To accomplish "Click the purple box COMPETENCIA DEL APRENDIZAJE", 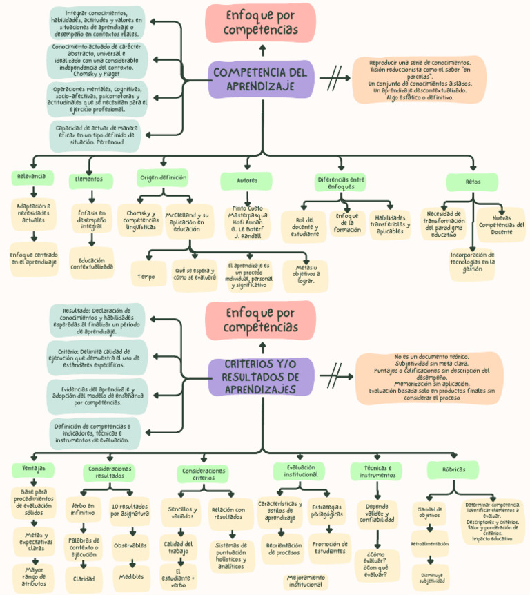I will point(261,79).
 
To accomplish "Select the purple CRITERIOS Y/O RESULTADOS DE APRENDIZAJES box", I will point(261,377).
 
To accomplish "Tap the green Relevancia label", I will point(32,177).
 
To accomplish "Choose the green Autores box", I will point(246,181).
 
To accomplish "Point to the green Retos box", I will point(472,182).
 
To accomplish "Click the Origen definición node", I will point(164,178).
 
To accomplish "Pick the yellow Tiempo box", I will point(146,276).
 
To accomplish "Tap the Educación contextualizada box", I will point(92,262).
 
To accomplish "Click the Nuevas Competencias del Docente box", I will point(501,224).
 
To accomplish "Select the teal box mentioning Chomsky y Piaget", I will point(97,60).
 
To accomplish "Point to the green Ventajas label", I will point(33,469).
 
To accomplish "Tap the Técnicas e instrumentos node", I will point(377,471).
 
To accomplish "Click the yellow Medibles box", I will point(131,576).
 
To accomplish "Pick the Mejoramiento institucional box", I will point(305,581).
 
